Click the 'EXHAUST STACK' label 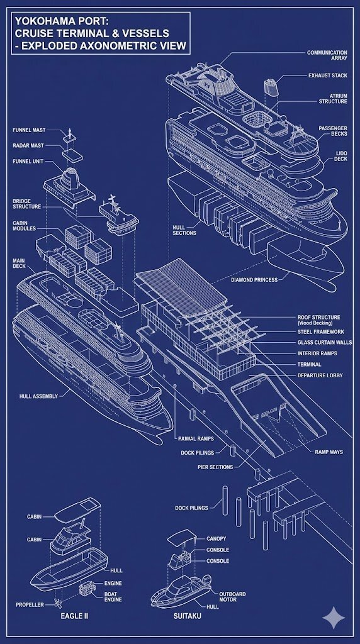pos(327,75)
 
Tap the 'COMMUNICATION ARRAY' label pos(327,55)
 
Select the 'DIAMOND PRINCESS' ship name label pos(254,280)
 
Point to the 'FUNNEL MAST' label pos(29,130)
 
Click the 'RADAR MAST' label pos(28,145)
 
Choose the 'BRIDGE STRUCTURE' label pos(26,204)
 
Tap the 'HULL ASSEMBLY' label pos(38,396)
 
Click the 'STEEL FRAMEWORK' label pos(321,332)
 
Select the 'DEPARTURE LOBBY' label pos(320,375)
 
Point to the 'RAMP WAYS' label pos(329,452)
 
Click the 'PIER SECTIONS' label pos(215,467)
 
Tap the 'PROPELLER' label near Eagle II pos(30,605)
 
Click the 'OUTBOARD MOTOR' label pos(233,597)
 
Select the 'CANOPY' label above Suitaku pos(216,538)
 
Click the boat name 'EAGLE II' pos(74,616)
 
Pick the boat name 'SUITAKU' pos(188,616)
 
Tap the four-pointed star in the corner pos(334,618)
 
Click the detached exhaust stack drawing pos(271,86)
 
